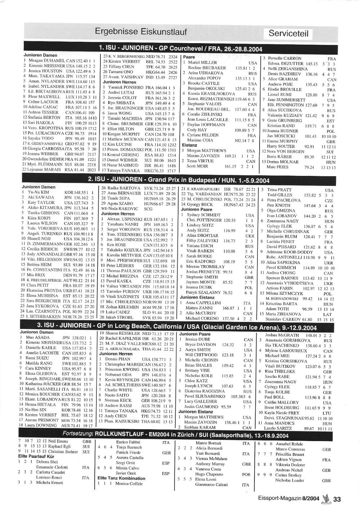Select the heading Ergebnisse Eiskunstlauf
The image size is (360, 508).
pyautogui.click(x=141, y=32)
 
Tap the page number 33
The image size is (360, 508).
pyautogui.click(x=337, y=499)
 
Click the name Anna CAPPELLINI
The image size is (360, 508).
pyautogui.click(x=203, y=303)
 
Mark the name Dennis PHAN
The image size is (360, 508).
pyautogui.click(x=118, y=359)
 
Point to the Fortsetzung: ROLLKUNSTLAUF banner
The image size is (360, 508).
pyautogui.click(x=175, y=435)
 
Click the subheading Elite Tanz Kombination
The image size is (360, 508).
pyautogui.click(x=121, y=478)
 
